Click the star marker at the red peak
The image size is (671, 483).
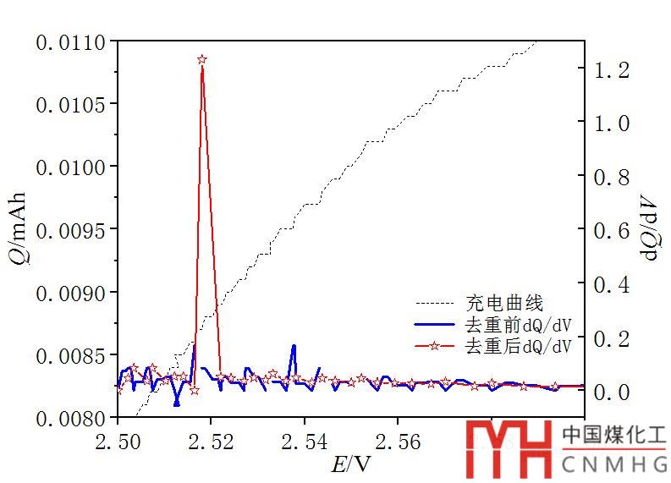(202, 60)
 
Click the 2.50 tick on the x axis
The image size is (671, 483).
(118, 441)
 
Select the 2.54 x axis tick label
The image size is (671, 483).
(305, 441)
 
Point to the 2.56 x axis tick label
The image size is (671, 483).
(398, 441)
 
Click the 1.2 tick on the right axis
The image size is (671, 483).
(612, 70)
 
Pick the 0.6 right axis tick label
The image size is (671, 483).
(612, 231)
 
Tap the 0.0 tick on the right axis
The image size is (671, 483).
(612, 392)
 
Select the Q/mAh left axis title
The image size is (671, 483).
(19, 228)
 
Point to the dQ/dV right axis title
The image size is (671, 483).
(651, 224)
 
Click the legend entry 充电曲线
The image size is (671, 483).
(504, 302)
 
